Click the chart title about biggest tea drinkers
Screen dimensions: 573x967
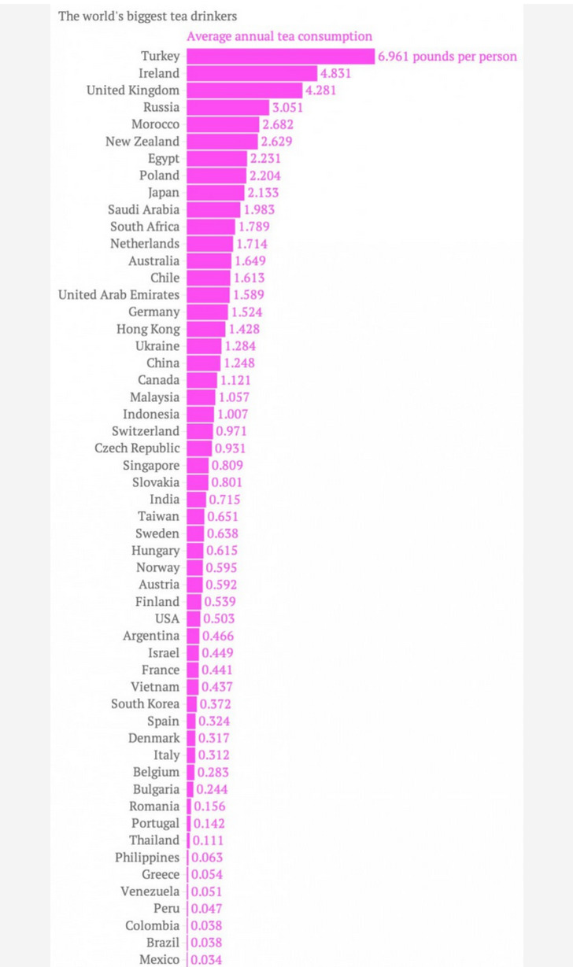[x=148, y=17]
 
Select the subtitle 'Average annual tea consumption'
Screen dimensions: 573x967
[x=279, y=36]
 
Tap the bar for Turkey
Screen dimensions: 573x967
[x=281, y=56]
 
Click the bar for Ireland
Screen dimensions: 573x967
[x=252, y=73]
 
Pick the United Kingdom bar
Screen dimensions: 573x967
[x=245, y=90]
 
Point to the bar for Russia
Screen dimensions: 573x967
[x=228, y=108]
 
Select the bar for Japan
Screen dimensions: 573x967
[x=216, y=193]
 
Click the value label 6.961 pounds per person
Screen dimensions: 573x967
[x=447, y=57]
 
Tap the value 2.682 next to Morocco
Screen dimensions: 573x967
[x=278, y=124]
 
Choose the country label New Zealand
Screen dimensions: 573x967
[x=142, y=142]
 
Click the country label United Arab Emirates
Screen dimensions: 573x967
[x=119, y=295]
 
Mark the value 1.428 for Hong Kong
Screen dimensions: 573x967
[x=244, y=329]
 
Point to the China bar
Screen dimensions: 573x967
[x=203, y=363]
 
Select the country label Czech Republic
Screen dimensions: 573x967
[x=137, y=448]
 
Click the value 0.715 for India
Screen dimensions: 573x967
[x=224, y=500]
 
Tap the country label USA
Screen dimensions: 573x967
[x=167, y=618]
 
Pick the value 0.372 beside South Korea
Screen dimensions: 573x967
[x=215, y=704]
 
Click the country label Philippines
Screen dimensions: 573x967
[x=147, y=858]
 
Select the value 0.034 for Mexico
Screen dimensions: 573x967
[x=206, y=960]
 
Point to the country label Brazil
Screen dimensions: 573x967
[x=163, y=943]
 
